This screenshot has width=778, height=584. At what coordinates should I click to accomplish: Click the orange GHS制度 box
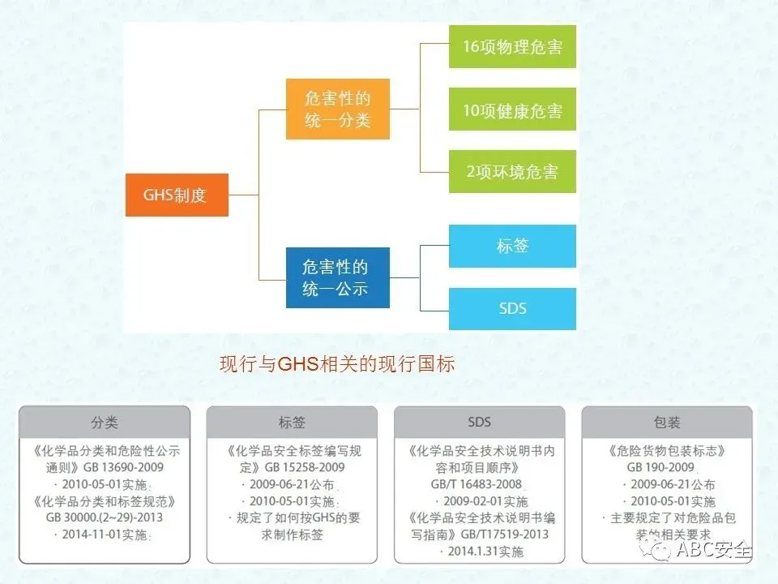(177, 195)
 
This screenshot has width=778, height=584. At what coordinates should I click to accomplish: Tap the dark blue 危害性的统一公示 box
(337, 277)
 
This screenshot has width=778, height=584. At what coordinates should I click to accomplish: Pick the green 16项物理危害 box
(512, 47)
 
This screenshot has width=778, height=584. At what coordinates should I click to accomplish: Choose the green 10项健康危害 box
(512, 109)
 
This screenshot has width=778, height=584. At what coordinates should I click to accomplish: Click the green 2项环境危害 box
(512, 171)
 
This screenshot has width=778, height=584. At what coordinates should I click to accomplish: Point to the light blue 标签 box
(512, 246)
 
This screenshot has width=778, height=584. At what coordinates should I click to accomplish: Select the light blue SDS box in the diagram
(512, 308)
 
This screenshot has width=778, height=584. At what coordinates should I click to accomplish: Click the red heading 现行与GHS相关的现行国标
(337, 364)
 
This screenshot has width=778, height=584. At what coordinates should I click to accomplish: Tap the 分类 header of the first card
(104, 422)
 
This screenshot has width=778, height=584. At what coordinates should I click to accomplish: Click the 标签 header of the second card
(292, 422)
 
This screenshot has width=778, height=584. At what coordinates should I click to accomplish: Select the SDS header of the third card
(479, 422)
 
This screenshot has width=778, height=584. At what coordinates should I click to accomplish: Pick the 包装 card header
(666, 422)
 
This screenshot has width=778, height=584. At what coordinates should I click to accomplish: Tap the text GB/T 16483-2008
(478, 484)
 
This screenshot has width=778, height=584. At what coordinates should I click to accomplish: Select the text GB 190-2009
(660, 467)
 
